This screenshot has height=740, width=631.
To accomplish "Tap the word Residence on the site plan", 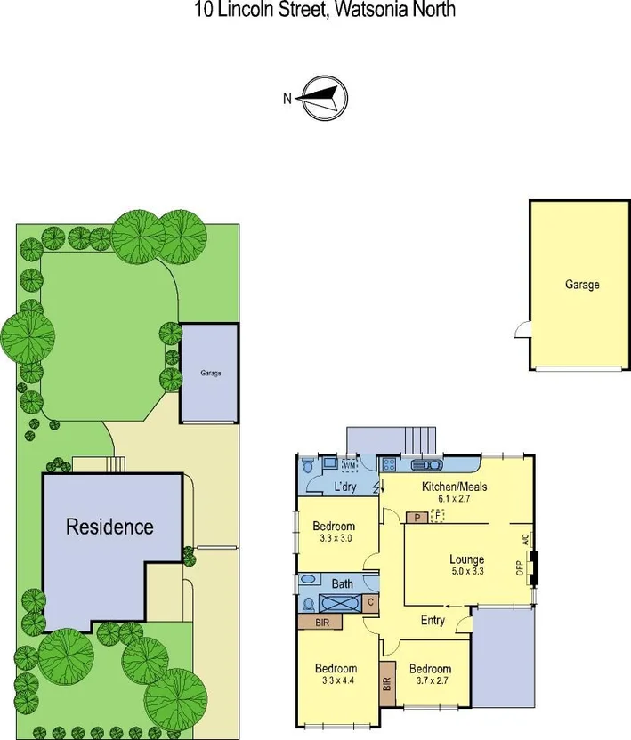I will click(x=109, y=526).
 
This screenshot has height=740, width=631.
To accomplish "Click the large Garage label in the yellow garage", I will click(x=581, y=285).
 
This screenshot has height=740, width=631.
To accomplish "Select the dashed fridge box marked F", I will click(x=437, y=515).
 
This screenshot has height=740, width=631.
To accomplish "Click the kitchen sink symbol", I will click(x=426, y=464).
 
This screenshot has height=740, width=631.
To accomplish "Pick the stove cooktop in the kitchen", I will click(x=389, y=464).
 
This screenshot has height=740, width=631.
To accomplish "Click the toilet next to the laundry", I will click(x=306, y=463).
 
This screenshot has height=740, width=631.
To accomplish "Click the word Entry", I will click(x=433, y=621).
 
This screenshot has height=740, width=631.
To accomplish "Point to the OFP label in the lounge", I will click(x=520, y=567).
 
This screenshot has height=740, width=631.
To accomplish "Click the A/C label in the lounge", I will click(x=524, y=541).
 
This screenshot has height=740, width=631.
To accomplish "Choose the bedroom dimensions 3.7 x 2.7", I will click(x=430, y=681).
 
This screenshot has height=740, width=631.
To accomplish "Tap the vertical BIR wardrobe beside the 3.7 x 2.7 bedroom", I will click(x=387, y=683).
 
